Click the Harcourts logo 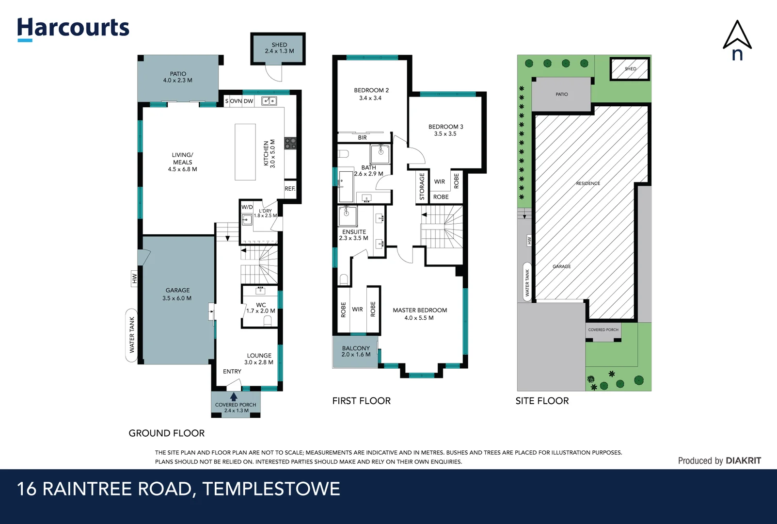click(73, 28)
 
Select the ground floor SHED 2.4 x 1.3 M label click(279, 48)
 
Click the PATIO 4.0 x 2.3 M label click(178, 77)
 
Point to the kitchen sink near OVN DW click(269, 101)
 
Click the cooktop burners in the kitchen click(290, 143)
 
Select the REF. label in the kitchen click(290, 188)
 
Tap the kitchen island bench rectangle click(245, 152)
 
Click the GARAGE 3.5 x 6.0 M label click(177, 294)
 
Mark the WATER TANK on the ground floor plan click(131, 335)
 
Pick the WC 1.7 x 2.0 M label click(261, 308)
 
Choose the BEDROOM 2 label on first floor click(371, 94)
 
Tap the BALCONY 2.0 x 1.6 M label click(356, 351)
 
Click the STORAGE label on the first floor click(422, 186)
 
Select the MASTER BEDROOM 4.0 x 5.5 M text click(420, 313)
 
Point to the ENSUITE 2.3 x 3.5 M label click(354, 235)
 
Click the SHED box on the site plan click(630, 68)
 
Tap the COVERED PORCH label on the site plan click(603, 330)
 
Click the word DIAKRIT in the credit click(743, 460)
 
